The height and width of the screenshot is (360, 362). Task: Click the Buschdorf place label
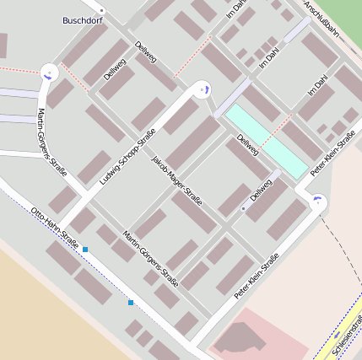[x=83, y=20]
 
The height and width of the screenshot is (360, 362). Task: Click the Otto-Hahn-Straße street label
[x=54, y=228]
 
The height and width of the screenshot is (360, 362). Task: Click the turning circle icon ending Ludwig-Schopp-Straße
[x=201, y=89]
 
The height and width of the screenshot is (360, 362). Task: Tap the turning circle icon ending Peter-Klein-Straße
[x=318, y=200]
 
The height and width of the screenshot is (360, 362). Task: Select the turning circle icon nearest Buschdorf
[x=49, y=73]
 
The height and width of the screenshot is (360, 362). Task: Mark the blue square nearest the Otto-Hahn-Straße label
[x=85, y=250]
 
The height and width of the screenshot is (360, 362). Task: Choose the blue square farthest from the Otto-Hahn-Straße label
[x=131, y=302]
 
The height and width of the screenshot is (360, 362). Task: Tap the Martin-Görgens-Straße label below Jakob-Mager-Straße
[x=149, y=257]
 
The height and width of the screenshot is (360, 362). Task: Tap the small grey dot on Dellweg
[x=243, y=207]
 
